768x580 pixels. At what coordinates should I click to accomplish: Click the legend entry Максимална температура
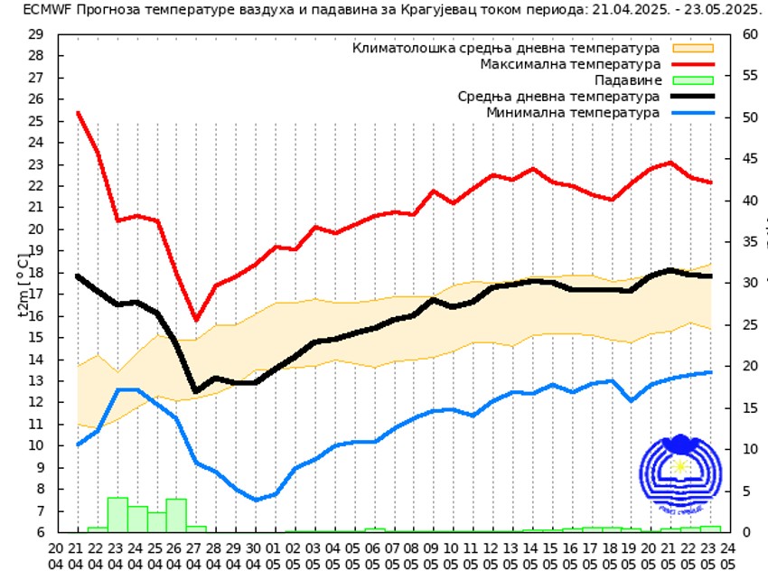[570, 64]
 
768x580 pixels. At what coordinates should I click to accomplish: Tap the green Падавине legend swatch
[692, 80]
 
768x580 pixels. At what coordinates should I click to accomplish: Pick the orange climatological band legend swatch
[692, 48]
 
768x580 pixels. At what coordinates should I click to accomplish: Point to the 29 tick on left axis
[36, 34]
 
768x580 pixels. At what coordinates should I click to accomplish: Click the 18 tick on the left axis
[36, 272]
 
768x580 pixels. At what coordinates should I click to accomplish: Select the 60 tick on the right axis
[749, 34]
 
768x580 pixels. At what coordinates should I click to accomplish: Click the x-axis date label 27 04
[195, 556]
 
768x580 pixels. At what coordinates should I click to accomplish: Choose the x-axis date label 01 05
[275, 556]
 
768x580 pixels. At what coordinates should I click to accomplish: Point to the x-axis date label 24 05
[728, 556]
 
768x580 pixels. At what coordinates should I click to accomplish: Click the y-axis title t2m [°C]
[22, 284]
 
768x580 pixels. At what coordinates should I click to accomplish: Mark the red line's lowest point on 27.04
[196, 319]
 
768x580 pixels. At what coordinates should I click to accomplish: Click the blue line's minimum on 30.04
[256, 500]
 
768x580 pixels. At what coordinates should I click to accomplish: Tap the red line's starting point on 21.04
[78, 112]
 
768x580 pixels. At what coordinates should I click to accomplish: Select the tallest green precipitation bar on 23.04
[117, 514]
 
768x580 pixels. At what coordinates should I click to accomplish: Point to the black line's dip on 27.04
[195, 390]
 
